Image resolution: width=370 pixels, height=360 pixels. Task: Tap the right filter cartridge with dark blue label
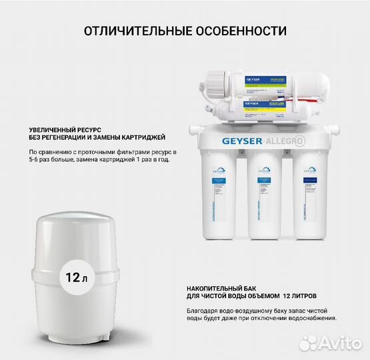coord(308,193)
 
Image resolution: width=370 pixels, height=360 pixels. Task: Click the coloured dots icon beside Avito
coord(309,343)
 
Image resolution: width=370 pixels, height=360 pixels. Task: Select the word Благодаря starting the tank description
coord(203,310)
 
